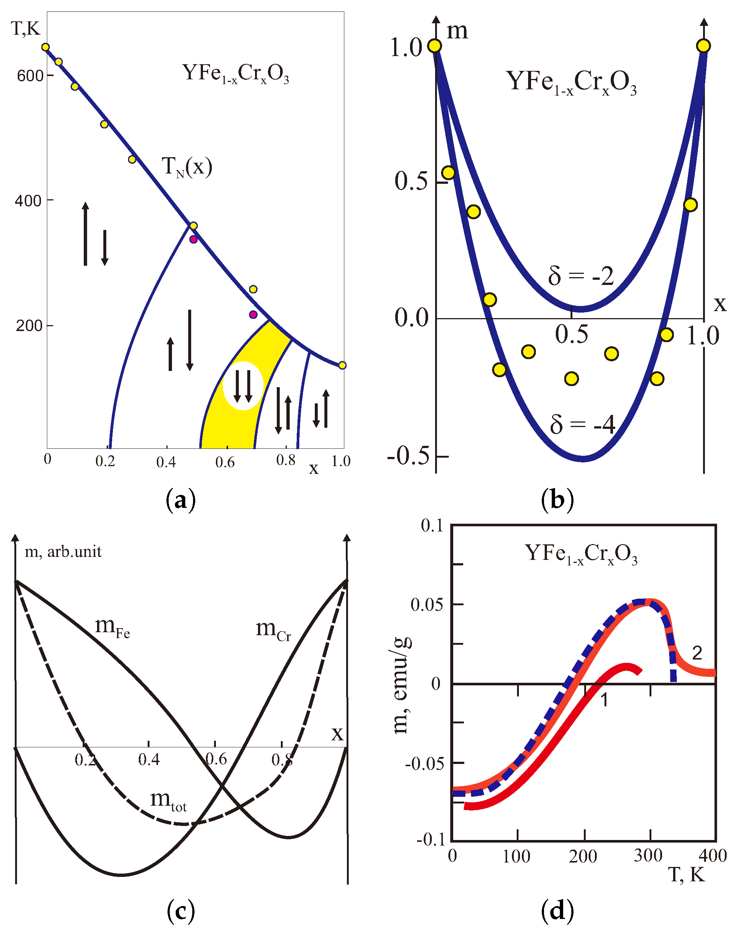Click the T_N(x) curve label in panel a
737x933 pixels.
tap(186, 167)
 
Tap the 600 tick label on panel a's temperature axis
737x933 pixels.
tap(30, 76)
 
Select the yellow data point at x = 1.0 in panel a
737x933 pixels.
tap(342, 365)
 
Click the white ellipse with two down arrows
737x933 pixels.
tap(243, 385)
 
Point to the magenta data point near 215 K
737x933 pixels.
tap(253, 314)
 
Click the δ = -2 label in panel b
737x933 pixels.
tap(581, 276)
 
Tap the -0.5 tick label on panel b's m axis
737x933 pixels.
tap(408, 456)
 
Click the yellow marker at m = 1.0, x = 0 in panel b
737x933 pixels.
tap(435, 46)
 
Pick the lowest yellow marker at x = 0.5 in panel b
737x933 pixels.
tap(571, 378)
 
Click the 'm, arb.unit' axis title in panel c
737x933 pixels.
tap(63, 551)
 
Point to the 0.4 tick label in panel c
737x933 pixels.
tap(149, 759)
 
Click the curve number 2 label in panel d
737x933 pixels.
tap(697, 653)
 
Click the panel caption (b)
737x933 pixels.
tap(557, 500)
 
